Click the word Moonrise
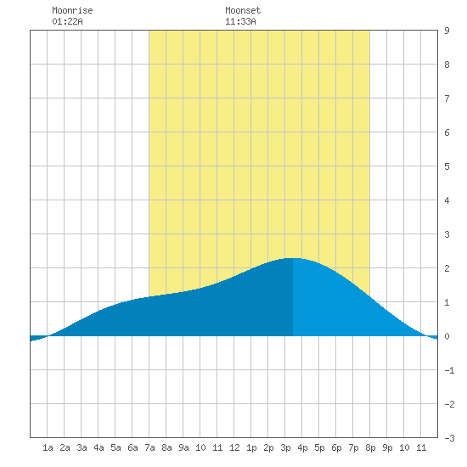pyautogui.click(x=72, y=10)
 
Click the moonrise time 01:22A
pyautogui.click(x=67, y=21)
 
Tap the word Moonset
pyautogui.click(x=243, y=10)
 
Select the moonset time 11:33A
pyautogui.click(x=240, y=21)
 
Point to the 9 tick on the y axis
pyautogui.click(x=447, y=31)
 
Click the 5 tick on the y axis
pyautogui.click(x=447, y=166)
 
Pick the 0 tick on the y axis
pyautogui.click(x=447, y=336)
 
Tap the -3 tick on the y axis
pyautogui.click(x=449, y=438)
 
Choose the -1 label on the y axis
pyautogui.click(x=449, y=370)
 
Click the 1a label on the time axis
pyautogui.click(x=48, y=447)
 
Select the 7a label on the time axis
pyautogui.click(x=149, y=447)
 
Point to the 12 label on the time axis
pyautogui.click(x=234, y=447)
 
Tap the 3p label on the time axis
pyautogui.click(x=285, y=447)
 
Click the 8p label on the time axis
pyautogui.click(x=370, y=447)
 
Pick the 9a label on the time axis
pyautogui.click(x=183, y=447)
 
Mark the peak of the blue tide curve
pyautogui.click(x=293, y=258)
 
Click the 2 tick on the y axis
pyautogui.click(x=447, y=268)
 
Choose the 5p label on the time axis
pyautogui.click(x=319, y=447)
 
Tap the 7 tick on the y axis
pyautogui.click(x=447, y=98)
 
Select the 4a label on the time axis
pyautogui.click(x=98, y=447)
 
